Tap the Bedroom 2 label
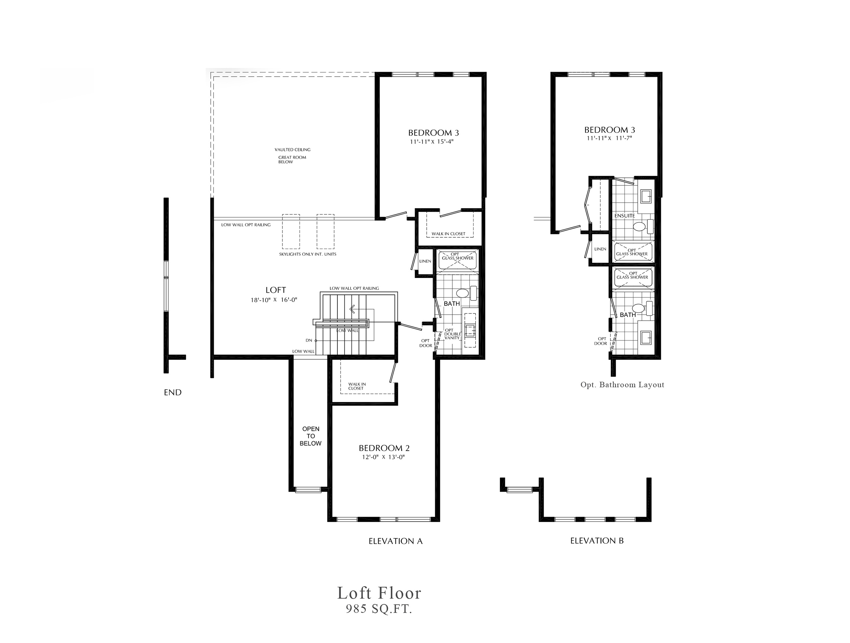[x=384, y=448]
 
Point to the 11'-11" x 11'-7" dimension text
[x=609, y=138]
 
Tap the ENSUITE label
[x=624, y=216]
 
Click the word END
[x=173, y=392]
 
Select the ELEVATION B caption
[x=597, y=541]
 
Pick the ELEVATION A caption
[x=395, y=541]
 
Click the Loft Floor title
[x=379, y=593]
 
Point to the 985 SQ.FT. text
[x=379, y=609]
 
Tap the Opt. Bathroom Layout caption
[x=622, y=385]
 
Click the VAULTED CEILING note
[x=292, y=150]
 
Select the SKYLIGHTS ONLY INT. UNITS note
[x=307, y=254]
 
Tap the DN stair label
[x=309, y=340]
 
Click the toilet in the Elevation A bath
[x=466, y=293]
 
